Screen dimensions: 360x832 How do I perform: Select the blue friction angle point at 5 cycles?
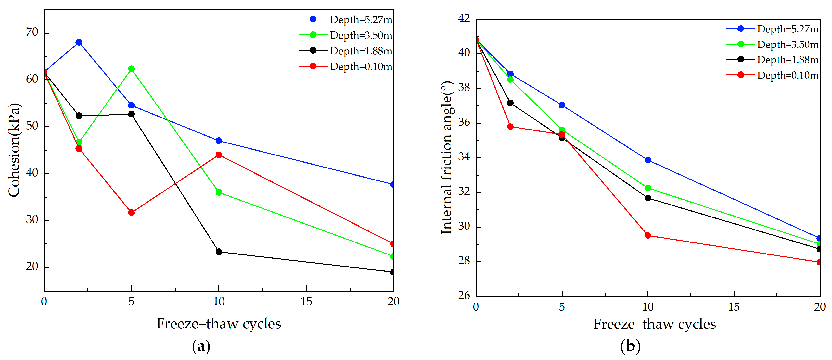562,105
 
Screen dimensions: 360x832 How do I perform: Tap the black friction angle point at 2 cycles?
510,103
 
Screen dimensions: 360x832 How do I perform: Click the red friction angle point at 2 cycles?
510,127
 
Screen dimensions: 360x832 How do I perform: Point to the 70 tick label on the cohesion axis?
32,32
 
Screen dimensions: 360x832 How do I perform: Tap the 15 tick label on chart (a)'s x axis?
306,302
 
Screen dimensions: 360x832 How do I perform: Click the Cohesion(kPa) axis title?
14,150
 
